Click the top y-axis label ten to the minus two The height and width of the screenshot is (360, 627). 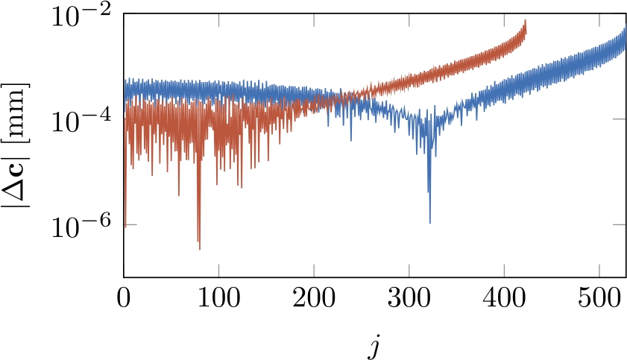pos(81,16)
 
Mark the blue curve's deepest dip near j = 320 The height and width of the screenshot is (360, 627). pos(430,221)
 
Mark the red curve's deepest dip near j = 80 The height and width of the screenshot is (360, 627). pos(200,248)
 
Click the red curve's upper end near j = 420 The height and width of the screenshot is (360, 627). pos(526,21)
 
